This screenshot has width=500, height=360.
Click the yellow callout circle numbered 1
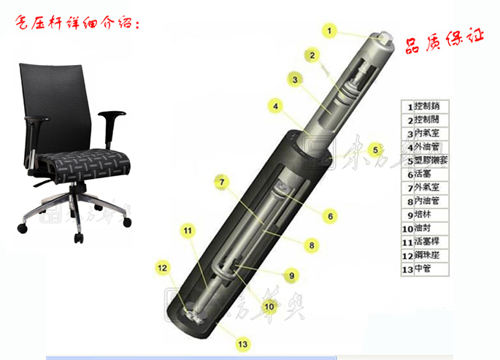click(330, 31)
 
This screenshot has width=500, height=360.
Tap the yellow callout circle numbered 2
click(312, 55)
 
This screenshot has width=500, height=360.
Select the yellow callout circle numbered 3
click(295, 80)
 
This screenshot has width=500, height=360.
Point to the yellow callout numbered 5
click(375, 150)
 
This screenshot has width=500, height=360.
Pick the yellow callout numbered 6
click(330, 216)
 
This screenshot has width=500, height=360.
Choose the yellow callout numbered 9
click(291, 275)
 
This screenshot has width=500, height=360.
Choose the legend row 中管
click(421, 269)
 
